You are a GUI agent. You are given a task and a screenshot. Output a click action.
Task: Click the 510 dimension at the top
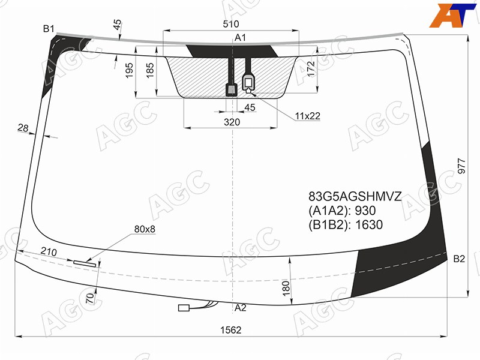point(231,24)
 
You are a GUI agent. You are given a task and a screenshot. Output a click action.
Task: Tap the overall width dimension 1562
point(231,330)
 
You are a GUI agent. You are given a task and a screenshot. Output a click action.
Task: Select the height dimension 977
point(461,166)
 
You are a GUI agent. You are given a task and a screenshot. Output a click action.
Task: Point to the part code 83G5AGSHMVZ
point(355,196)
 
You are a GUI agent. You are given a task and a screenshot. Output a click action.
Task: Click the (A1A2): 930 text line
point(342,211)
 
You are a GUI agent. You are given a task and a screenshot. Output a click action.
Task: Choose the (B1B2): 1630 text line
point(346,224)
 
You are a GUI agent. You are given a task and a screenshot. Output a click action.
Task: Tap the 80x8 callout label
point(145,229)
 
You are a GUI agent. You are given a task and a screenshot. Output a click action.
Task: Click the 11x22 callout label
point(308,116)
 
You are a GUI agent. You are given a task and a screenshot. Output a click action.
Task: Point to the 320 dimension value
point(232,122)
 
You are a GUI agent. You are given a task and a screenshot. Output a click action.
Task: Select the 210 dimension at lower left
point(49,251)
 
